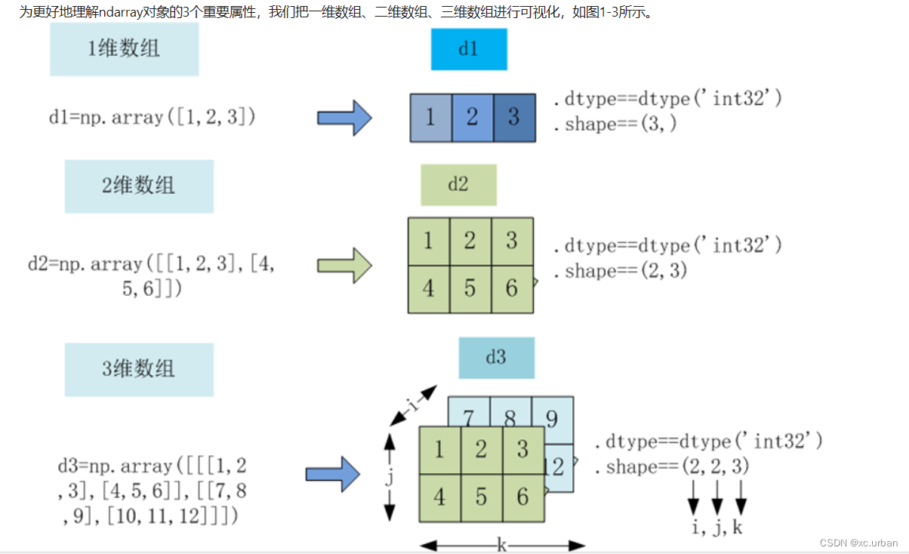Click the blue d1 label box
(468, 50)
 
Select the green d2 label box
(458, 185)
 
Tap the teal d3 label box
(496, 358)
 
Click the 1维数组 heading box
(124, 49)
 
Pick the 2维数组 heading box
(139, 186)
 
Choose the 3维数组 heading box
(139, 369)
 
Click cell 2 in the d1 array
(472, 118)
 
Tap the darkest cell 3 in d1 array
(514, 118)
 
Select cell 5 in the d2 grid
(470, 288)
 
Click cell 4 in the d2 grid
(428, 288)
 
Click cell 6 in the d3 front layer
(522, 497)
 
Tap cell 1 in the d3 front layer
(439, 451)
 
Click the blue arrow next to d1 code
(344, 118)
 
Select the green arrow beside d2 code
(344, 266)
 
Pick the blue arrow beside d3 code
(333, 474)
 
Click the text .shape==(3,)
(615, 125)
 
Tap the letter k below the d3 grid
(502, 544)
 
